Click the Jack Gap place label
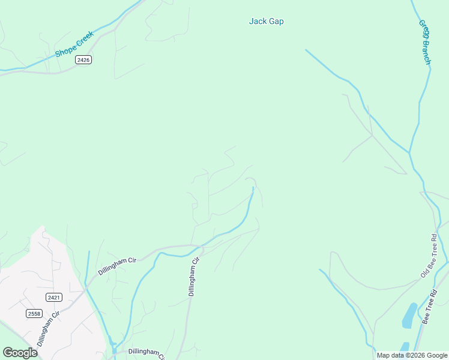pos(266,22)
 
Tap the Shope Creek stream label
pos(74,44)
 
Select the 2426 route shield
pos(83,60)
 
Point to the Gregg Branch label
pos(425,43)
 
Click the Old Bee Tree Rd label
pos(429,256)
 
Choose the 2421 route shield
pos(53,297)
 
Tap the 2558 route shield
pos(34,313)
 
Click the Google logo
pos(20,353)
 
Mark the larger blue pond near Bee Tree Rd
pos(410,314)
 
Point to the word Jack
pos(257,22)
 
